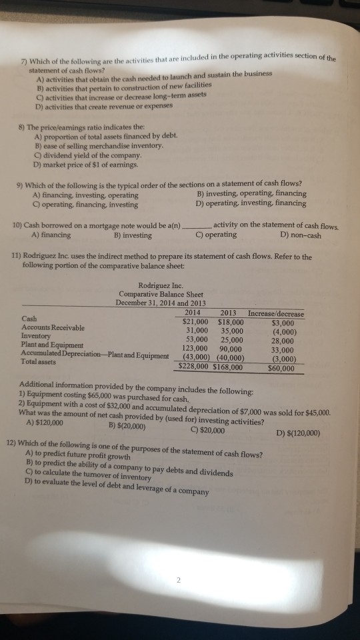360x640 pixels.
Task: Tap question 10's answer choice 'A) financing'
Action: coord(51,234)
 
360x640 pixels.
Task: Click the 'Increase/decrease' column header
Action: coord(276,313)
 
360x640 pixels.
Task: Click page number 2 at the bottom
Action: coord(179,579)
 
